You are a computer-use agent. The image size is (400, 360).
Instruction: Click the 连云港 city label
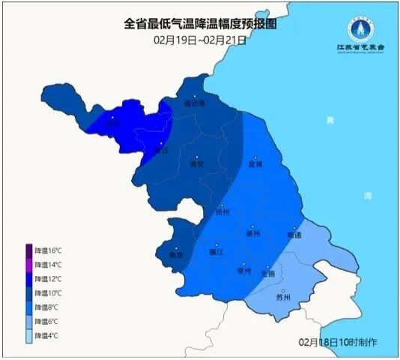click(193, 103)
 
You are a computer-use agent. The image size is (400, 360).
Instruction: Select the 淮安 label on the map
click(197, 163)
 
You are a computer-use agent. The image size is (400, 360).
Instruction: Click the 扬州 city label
click(222, 211)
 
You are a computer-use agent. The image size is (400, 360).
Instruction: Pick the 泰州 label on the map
click(252, 233)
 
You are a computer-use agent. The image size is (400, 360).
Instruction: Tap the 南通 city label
click(294, 235)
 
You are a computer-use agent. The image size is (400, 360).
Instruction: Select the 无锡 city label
click(267, 274)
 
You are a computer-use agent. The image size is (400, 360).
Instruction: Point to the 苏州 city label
click(282, 297)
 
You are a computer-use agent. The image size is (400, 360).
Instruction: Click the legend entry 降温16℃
click(44, 250)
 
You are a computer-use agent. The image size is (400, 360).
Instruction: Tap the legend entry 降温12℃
click(44, 279)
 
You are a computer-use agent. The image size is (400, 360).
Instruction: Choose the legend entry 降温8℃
click(44, 307)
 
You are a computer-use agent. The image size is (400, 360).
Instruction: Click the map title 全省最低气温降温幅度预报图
click(200, 24)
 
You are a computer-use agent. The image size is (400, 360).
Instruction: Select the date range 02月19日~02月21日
click(200, 39)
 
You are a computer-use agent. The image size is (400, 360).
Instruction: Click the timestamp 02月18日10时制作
click(338, 342)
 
